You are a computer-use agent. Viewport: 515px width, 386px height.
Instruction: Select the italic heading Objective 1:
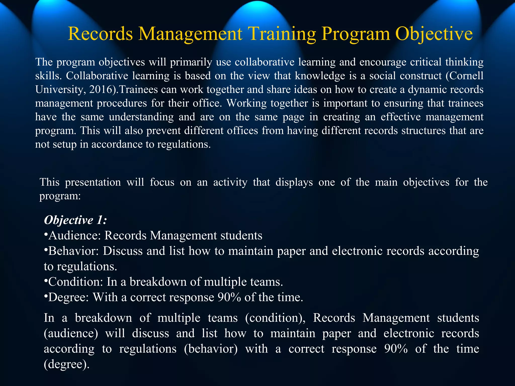75,220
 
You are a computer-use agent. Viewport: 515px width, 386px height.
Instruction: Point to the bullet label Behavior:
74,251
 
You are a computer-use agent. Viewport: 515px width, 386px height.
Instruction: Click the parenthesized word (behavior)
211,349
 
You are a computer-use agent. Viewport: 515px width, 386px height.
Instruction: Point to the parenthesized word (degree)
67,364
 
